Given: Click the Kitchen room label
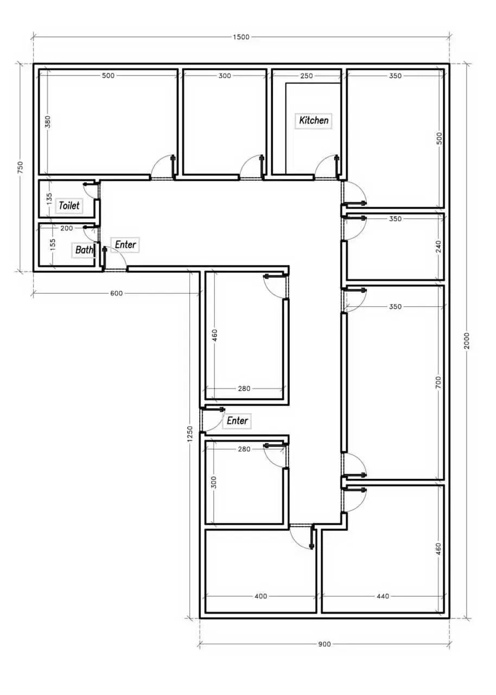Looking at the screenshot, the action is point(314,121).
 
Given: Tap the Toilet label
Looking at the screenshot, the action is point(69,205).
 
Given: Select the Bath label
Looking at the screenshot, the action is point(84,249).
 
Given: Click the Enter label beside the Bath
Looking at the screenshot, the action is point(125,244).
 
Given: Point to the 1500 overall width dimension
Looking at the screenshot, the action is point(241,37).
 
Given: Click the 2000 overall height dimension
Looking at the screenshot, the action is point(467,340).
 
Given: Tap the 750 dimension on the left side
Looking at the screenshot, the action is point(20,168).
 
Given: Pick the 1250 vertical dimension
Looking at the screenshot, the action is point(190,434).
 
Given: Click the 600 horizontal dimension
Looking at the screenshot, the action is point(116,293).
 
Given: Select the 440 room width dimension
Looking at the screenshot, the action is point(383,596).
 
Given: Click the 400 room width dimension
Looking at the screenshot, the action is point(260,596).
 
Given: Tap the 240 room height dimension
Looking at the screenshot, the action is point(438,247).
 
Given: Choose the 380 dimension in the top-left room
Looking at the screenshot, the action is point(47,122).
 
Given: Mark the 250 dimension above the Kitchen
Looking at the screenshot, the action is point(307,75).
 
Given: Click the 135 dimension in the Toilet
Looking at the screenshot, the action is point(49,199).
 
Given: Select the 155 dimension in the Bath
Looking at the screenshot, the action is point(53,244).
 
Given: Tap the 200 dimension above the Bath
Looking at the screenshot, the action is point(66,228).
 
